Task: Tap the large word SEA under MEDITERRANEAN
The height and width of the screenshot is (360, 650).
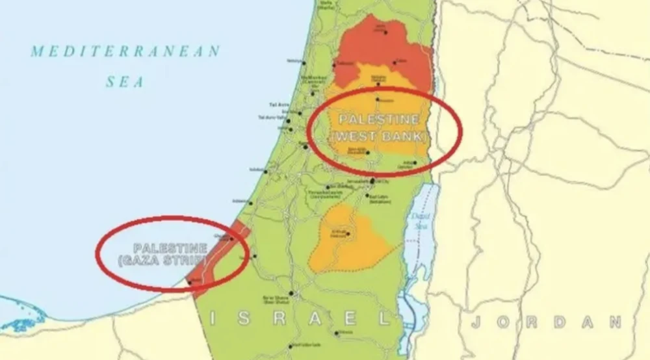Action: tap(125, 82)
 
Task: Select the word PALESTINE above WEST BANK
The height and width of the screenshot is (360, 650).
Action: tap(378, 120)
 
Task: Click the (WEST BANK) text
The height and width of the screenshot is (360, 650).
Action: tap(378, 136)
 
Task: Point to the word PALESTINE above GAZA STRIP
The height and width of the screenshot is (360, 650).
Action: tap(170, 248)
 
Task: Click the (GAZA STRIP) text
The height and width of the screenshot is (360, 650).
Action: tap(170, 261)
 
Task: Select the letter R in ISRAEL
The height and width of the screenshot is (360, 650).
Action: tap(280, 318)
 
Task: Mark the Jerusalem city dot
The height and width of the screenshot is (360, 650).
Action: tap(371, 182)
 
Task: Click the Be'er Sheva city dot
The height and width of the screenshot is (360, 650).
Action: tap(292, 293)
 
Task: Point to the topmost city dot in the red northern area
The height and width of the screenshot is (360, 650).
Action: tap(384, 31)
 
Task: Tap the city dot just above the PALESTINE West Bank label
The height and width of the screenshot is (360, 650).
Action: tap(378, 99)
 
